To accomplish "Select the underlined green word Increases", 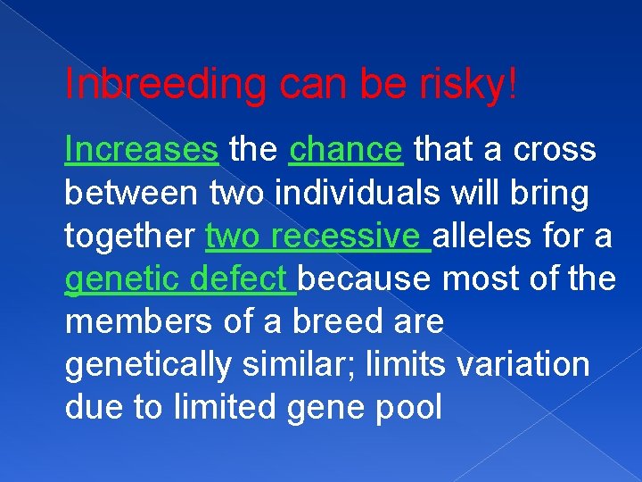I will pyautogui.click(x=142, y=150).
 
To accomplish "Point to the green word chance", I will pyautogui.click(x=346, y=150).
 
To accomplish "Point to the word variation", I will pyautogui.click(x=527, y=364).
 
